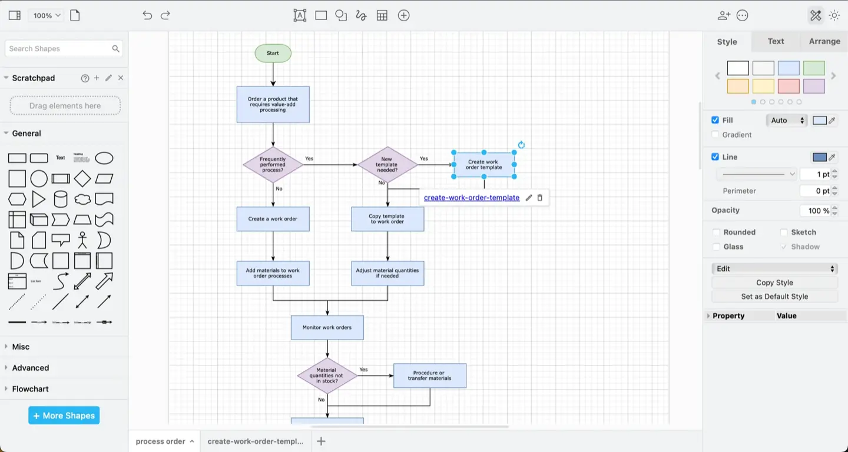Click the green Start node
click(273, 53)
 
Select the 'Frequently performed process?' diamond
click(273, 165)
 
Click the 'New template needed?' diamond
click(387, 165)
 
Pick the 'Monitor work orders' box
click(327, 328)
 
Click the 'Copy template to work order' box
click(387, 219)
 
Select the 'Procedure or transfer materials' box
click(429, 375)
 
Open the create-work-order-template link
click(471, 198)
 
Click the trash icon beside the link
click(540, 198)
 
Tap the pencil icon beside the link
click(529, 198)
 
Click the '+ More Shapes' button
click(64, 416)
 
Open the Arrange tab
click(824, 41)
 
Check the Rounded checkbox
click(716, 232)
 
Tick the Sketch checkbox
click(784, 232)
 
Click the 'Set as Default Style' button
click(774, 297)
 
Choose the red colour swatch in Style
click(789, 87)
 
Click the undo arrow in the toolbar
click(147, 16)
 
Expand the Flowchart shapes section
click(30, 389)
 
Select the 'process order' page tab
click(160, 441)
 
